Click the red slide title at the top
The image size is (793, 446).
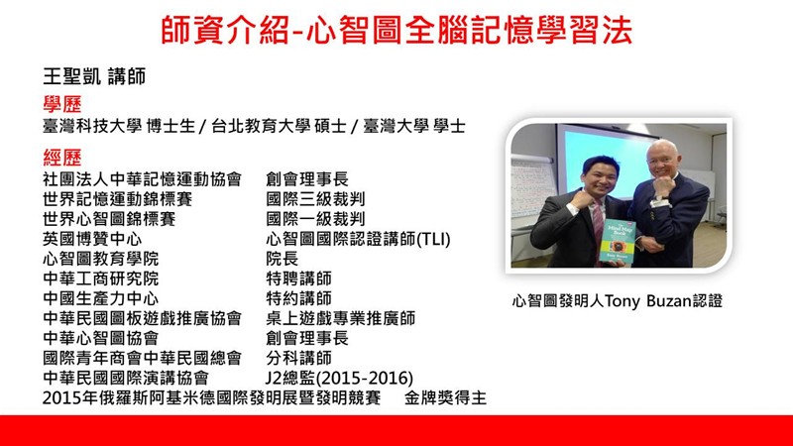coord(396,30)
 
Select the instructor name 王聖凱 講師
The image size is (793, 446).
coord(94,77)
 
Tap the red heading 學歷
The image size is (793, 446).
coord(62,104)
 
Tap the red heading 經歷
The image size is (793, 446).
coord(62,158)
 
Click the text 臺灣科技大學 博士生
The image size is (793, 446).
coord(119,126)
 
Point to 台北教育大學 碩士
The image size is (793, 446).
coord(280,126)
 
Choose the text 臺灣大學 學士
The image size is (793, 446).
coord(414,126)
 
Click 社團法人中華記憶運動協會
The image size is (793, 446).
coord(142,179)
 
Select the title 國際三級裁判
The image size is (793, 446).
coord(315,199)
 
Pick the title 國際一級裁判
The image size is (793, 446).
coord(315,218)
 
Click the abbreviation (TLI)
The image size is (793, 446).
coord(433,239)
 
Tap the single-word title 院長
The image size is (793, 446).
coord(283,259)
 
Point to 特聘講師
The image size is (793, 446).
coord(299,279)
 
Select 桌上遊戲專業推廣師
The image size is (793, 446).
coord(340,318)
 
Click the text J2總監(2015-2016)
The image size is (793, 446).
coord(339,378)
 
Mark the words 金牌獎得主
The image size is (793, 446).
coord(445,398)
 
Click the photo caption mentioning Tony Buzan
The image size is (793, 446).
coord(618,301)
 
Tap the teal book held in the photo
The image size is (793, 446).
coord(618,242)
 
